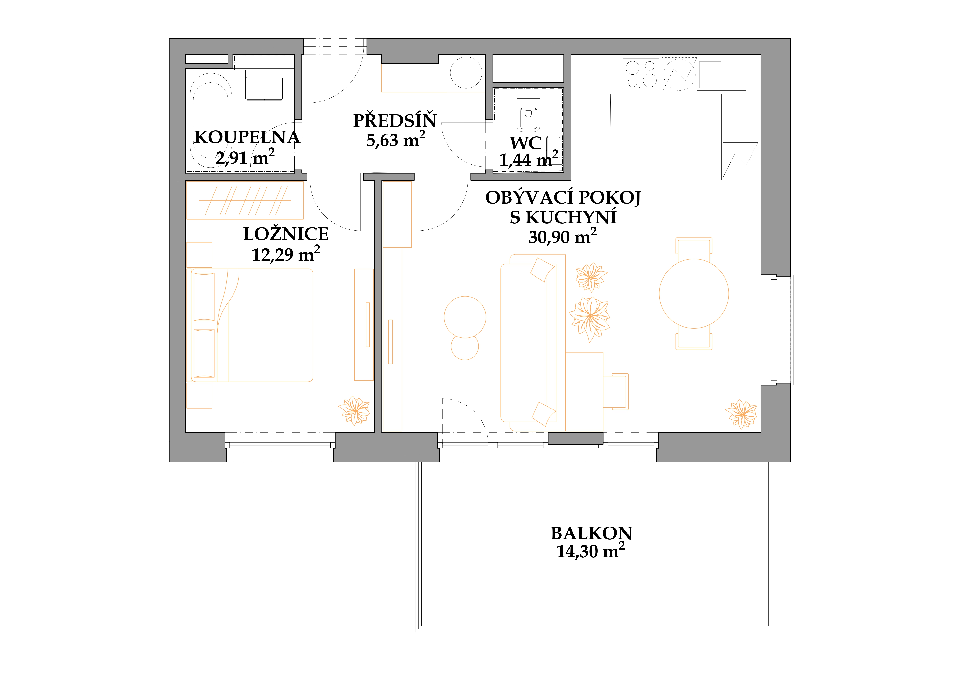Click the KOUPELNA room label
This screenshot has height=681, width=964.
(x=247, y=138)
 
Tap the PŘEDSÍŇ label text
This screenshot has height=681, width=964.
(x=395, y=121)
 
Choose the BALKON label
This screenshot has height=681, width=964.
(x=591, y=533)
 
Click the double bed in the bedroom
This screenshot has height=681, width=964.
(x=252, y=325)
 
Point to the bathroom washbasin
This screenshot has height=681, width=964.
(x=264, y=88)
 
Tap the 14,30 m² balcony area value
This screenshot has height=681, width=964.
(x=590, y=551)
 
